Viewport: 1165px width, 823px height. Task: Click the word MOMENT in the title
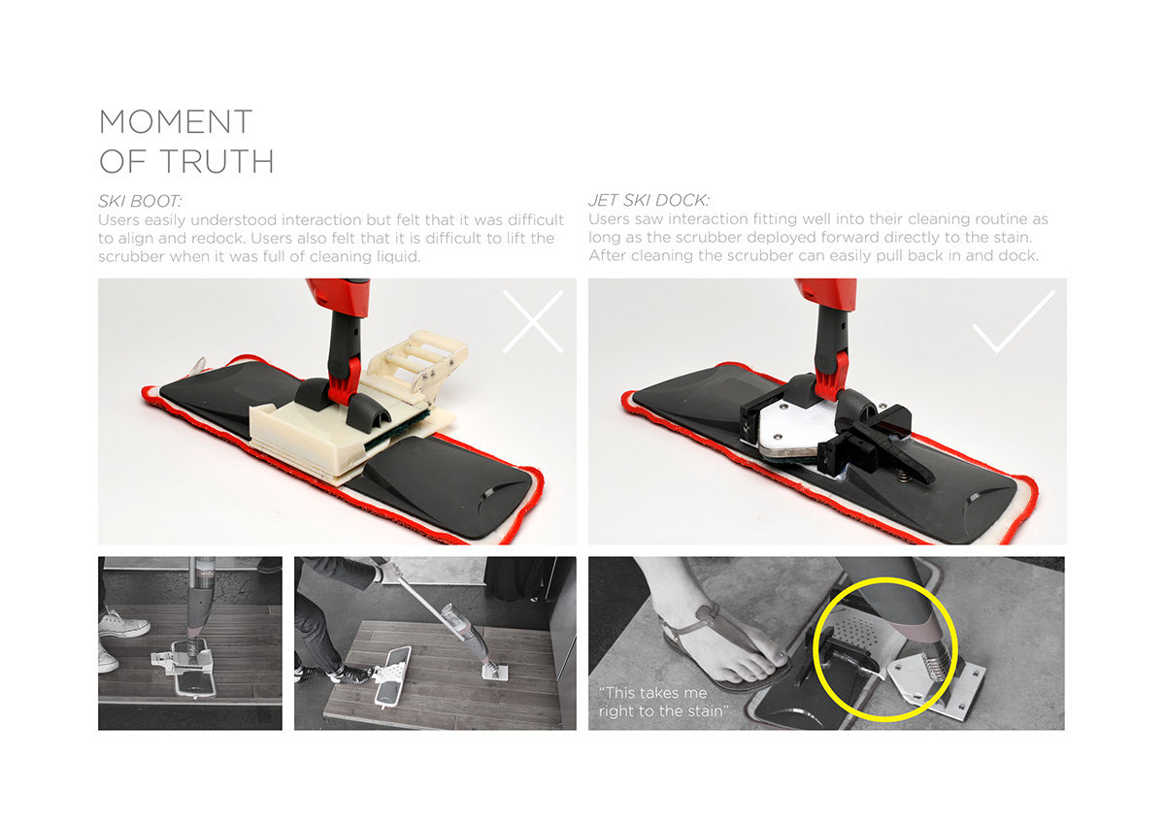tap(176, 122)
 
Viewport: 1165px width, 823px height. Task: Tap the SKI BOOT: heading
tap(140, 202)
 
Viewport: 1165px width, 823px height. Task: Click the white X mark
tap(532, 322)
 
